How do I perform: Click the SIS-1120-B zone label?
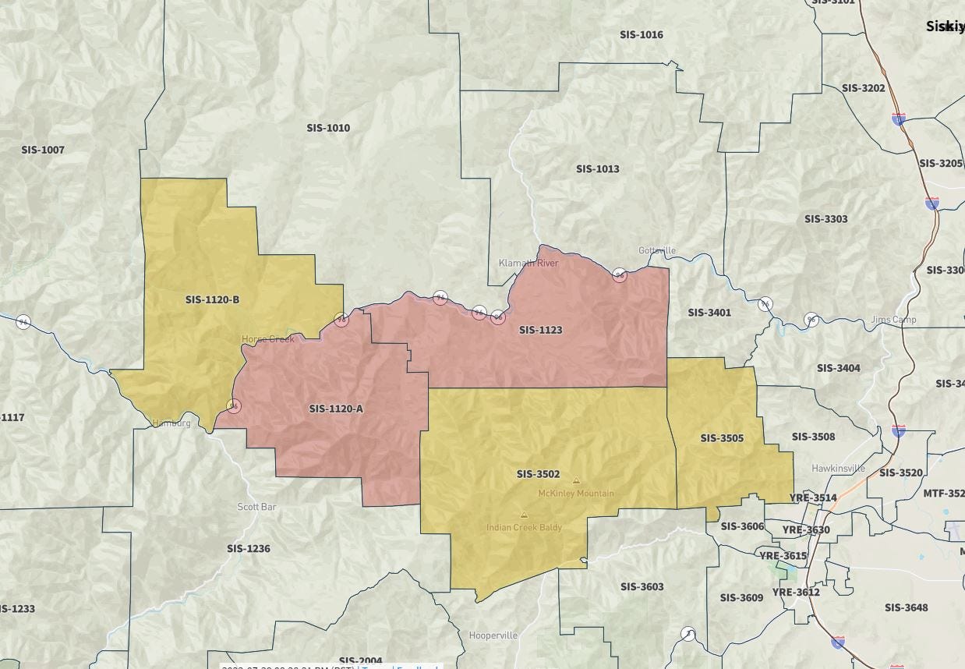(212, 299)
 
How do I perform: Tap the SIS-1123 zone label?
(540, 330)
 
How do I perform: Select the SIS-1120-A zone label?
(336, 409)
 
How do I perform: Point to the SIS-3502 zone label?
(538, 474)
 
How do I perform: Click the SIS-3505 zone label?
(722, 438)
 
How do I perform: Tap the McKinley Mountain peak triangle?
(576, 481)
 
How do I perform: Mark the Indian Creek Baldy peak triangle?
(524, 515)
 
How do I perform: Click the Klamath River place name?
(528, 264)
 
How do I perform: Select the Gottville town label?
(657, 250)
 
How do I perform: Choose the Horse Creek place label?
(267, 339)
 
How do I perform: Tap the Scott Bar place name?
(256, 507)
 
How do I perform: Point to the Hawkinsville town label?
(838, 469)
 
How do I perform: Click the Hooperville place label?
(493, 635)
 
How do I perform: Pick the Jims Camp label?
(893, 320)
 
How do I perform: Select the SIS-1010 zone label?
(328, 128)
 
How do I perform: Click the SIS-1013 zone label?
(598, 169)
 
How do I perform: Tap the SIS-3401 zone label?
(709, 313)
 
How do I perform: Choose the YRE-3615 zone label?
(783, 556)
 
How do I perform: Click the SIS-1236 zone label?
(249, 549)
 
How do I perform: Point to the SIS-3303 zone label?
(825, 219)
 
